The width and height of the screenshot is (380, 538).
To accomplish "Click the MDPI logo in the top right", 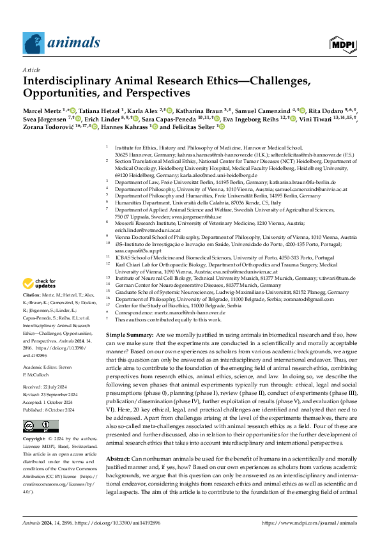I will [x=342, y=43].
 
